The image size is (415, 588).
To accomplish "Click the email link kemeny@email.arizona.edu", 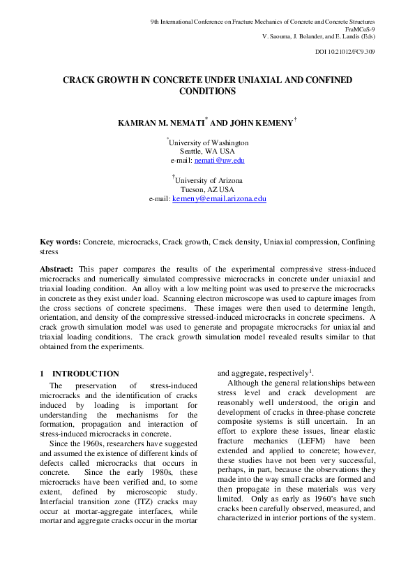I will (219, 199).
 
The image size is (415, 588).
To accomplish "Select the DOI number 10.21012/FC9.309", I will (345, 52).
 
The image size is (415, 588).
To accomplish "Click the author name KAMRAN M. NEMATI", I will (163, 123).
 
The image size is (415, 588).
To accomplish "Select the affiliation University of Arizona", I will (209, 180).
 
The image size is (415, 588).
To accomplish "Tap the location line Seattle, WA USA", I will (207, 152).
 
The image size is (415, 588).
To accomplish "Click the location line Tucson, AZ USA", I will (207, 189).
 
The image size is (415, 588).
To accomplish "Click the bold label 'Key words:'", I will (60, 242).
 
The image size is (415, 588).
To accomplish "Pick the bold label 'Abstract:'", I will (57, 269).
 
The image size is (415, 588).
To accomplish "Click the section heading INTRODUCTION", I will (85, 374).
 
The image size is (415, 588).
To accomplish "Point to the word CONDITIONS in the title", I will (207, 91).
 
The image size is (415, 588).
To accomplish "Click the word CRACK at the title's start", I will (80, 81).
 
